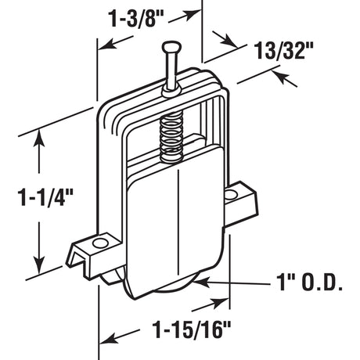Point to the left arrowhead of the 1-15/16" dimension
[102, 340]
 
